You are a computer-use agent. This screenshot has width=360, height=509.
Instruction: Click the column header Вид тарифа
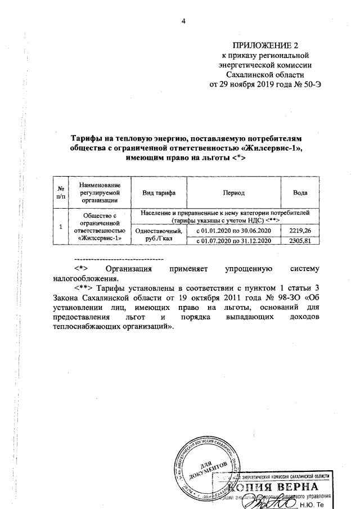[x=159, y=193]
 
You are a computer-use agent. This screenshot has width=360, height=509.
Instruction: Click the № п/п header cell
[x=60, y=193]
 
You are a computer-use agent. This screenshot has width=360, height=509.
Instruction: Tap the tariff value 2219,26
[x=300, y=231]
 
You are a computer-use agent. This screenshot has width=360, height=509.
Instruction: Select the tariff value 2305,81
[x=300, y=241]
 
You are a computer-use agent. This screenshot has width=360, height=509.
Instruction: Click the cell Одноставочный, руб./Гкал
[x=159, y=235]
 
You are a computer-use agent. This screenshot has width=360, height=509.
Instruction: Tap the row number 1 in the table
[x=60, y=227]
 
